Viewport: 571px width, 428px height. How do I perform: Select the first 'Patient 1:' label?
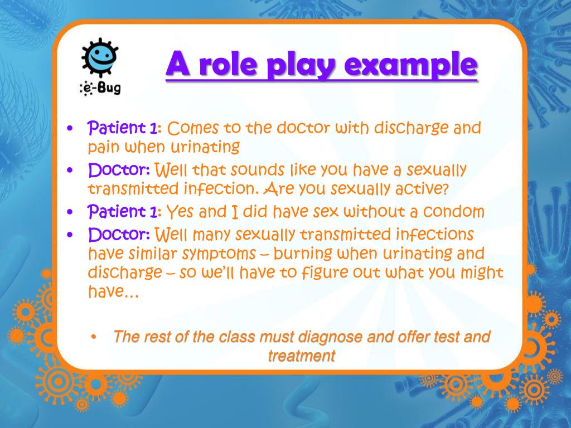click(x=125, y=128)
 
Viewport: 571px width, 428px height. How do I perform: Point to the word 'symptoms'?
click(x=222, y=254)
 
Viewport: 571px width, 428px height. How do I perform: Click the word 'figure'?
click(x=325, y=274)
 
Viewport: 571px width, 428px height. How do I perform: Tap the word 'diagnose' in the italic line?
click(x=329, y=337)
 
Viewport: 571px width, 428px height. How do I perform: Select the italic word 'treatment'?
click(x=301, y=356)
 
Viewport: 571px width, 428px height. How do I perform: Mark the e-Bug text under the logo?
click(x=99, y=88)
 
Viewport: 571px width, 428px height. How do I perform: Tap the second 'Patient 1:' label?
click(x=125, y=212)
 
